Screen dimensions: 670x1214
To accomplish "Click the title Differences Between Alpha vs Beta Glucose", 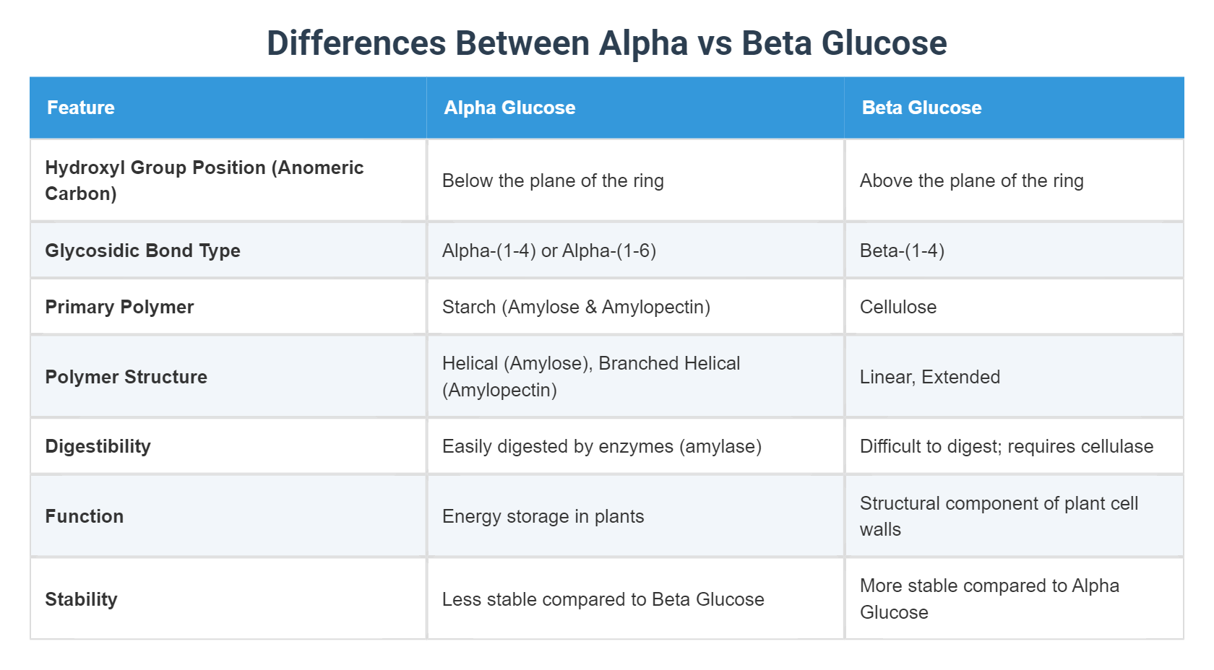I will coord(606,43).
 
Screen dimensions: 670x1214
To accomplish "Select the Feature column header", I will coord(81,108).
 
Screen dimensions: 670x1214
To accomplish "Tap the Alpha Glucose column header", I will coord(509,108).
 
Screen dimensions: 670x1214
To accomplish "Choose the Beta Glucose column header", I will coord(921,108).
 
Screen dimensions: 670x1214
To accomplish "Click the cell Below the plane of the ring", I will coord(553,180).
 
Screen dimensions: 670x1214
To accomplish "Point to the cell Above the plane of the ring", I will coord(971,180).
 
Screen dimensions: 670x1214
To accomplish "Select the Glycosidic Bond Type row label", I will coord(142,251).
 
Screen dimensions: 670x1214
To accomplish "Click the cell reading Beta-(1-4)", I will coord(902,251).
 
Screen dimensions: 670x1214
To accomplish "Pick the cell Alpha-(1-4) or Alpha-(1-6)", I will coord(549,251).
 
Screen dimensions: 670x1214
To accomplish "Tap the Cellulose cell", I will coord(898,307).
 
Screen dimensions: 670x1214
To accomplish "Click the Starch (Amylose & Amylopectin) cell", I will coord(576,307).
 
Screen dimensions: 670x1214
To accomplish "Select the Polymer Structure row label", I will coord(126,377).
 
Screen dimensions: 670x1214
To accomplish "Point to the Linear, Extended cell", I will coord(930,377).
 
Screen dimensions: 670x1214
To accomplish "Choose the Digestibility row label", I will coord(98,446).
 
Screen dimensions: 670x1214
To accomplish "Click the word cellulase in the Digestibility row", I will coord(1116,446).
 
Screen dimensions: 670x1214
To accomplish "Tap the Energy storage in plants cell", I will coord(543,516).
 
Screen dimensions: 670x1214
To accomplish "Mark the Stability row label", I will coord(81,599).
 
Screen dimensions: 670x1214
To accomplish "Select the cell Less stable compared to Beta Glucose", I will coord(603,599).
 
